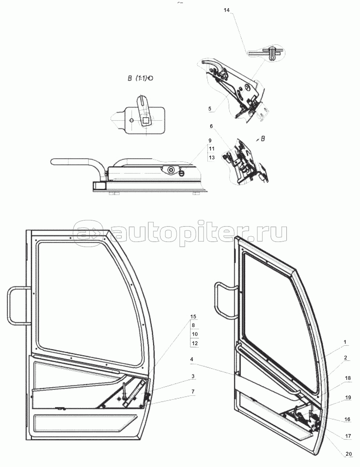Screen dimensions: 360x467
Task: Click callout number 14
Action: (x=227, y=10)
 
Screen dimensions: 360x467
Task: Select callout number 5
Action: (x=210, y=109)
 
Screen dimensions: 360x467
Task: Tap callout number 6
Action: (x=211, y=126)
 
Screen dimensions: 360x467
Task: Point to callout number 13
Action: (x=212, y=158)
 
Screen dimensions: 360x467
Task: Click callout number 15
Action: (x=193, y=316)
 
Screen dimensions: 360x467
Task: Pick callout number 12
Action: (x=195, y=343)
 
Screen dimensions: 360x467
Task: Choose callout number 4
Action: (x=191, y=359)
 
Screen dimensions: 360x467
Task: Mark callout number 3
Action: (x=193, y=376)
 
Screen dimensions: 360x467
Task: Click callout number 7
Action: (x=193, y=392)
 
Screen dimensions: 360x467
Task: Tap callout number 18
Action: (x=348, y=378)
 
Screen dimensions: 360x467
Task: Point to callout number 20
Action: (x=349, y=458)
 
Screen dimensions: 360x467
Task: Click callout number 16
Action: (x=347, y=419)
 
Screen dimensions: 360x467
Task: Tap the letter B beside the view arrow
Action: (x=262, y=139)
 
